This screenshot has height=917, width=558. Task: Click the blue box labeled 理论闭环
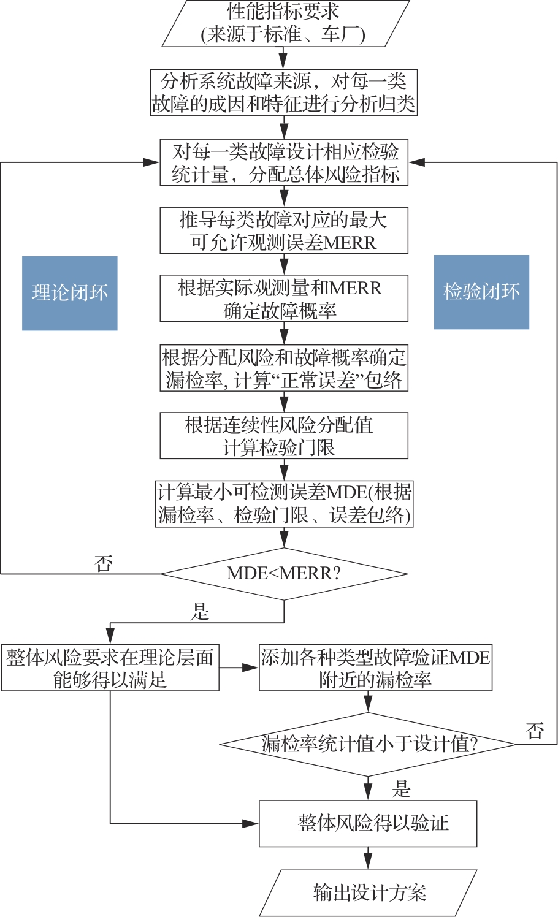[x=69, y=293]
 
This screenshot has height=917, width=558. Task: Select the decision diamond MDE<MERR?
[x=284, y=574]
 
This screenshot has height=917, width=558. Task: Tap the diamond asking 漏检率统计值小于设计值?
[x=369, y=744]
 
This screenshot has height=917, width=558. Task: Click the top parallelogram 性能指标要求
[x=284, y=23]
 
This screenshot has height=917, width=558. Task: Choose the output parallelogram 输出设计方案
[x=369, y=892]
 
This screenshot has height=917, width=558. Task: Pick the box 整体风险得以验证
[x=369, y=823]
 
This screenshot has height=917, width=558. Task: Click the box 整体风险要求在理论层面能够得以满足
[x=110, y=668]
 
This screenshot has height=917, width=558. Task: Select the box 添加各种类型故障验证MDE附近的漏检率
[x=375, y=668]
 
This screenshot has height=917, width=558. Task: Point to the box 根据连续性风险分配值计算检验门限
[x=284, y=436]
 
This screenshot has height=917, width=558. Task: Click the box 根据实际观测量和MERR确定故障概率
[x=284, y=299]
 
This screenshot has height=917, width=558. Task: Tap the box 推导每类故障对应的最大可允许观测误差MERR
[x=284, y=230]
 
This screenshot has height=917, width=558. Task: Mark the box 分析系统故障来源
[x=284, y=93]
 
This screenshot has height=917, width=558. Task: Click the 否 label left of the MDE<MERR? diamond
[x=104, y=563]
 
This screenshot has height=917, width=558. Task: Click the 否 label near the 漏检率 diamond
[x=535, y=730]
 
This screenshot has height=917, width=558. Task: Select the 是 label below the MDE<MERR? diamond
[x=201, y=612]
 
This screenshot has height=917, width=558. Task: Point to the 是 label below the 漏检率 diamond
[x=402, y=789]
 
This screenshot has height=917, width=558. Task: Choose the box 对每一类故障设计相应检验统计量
[x=284, y=162]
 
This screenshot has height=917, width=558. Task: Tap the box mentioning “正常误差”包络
[x=284, y=368]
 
